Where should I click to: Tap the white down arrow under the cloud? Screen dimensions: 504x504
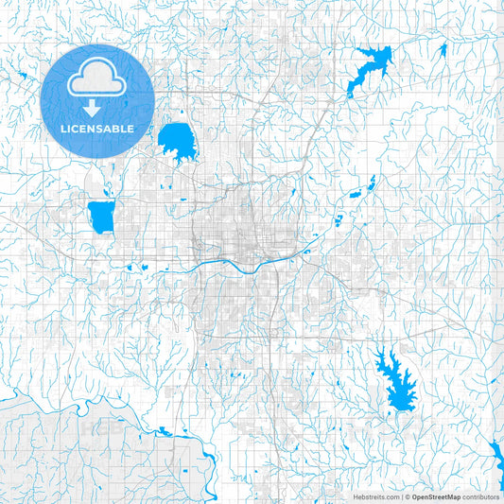pyautogui.click(x=97, y=107)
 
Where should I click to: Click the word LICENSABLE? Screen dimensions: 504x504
pyautogui.click(x=97, y=129)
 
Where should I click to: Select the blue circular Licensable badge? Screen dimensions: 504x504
pyautogui.click(x=97, y=99)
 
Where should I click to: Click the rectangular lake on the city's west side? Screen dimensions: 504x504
pyautogui.click(x=100, y=217)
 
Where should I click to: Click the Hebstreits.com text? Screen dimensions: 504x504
pyautogui.click(x=374, y=495)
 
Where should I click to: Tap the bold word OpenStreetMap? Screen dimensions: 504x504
pyautogui.click(x=436, y=495)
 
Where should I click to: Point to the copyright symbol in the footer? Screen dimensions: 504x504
pyautogui.click(x=407, y=495)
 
